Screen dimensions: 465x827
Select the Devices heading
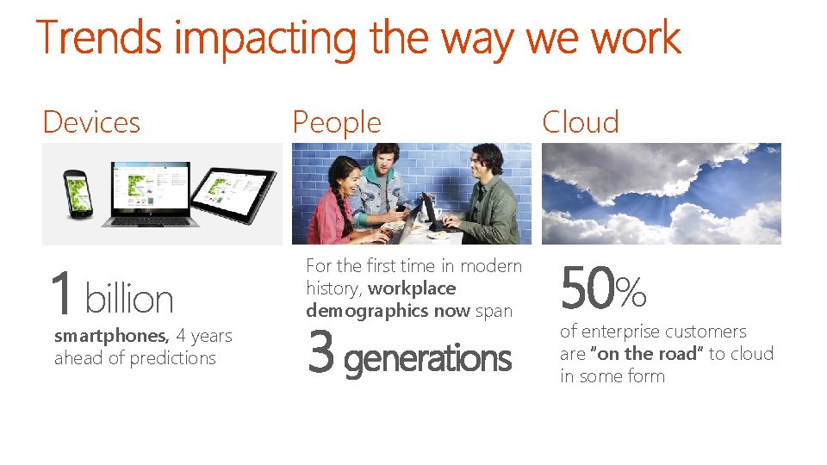click(91, 122)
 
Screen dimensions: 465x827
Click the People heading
click(337, 122)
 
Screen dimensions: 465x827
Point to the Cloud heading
click(581, 122)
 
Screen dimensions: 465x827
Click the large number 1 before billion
click(61, 294)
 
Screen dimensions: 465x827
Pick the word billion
click(129, 300)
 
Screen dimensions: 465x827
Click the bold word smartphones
click(110, 336)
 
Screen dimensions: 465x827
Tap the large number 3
click(320, 355)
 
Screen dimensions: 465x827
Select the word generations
click(427, 358)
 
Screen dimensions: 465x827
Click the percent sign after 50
click(631, 293)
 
